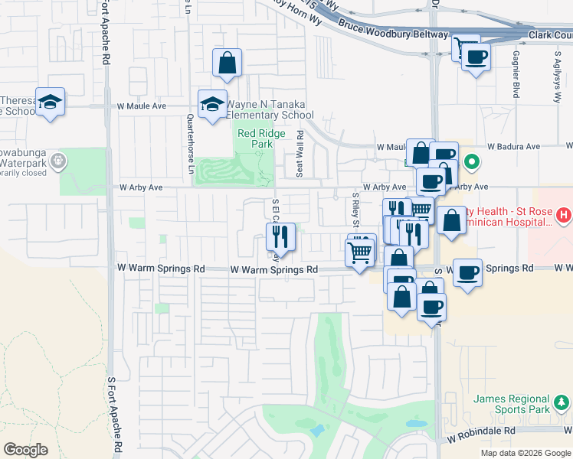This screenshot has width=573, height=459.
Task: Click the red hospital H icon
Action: (565, 216)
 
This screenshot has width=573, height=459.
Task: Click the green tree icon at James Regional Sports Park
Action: (562, 401)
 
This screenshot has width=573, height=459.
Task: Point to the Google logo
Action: (25, 450)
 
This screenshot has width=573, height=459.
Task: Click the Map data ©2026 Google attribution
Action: (526, 453)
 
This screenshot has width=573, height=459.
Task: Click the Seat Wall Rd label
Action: (300, 153)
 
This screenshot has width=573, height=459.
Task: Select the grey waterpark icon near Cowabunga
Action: (61, 161)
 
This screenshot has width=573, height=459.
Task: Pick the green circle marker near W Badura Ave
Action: (473, 162)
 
